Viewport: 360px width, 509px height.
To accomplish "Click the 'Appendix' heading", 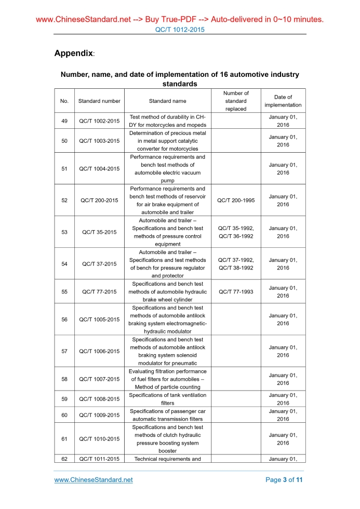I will pyautogui.click(x=74, y=53).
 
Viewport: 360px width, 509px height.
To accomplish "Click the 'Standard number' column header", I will pyautogui.click(x=99, y=101).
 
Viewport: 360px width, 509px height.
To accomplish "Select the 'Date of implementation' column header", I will pyautogui.click(x=283, y=101).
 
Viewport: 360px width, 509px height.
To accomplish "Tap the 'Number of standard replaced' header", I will pyautogui.click(x=236, y=101).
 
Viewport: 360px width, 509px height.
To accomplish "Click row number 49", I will pyautogui.click(x=64, y=121).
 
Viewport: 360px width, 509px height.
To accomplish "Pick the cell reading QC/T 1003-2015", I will pyautogui.click(x=99, y=141).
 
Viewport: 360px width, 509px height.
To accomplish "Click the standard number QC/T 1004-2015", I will pyautogui.click(x=99, y=169).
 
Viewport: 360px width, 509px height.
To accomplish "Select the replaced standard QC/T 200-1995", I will pyautogui.click(x=236, y=200).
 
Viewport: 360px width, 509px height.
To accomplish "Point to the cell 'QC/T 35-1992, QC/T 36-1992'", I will pyautogui.click(x=236, y=232).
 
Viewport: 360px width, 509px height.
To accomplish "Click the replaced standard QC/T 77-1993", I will pyautogui.click(x=236, y=292).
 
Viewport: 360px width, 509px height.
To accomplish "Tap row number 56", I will pyautogui.click(x=64, y=319).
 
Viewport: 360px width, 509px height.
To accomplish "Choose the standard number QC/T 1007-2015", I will pyautogui.click(x=99, y=379).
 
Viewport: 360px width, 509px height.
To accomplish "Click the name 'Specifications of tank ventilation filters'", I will pyautogui.click(x=167, y=399).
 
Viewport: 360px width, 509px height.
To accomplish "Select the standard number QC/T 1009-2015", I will pyautogui.click(x=99, y=415).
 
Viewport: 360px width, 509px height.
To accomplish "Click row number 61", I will pyautogui.click(x=64, y=439).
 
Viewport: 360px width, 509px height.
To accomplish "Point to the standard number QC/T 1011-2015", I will pyautogui.click(x=99, y=459).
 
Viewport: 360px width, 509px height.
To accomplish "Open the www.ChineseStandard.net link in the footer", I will pyautogui.click(x=94, y=480).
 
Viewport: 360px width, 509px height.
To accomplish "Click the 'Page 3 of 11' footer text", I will pyautogui.click(x=284, y=480).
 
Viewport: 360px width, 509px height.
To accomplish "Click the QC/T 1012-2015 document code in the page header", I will pyautogui.click(x=180, y=30).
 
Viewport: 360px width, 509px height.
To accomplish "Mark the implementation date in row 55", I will pyautogui.click(x=283, y=292).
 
